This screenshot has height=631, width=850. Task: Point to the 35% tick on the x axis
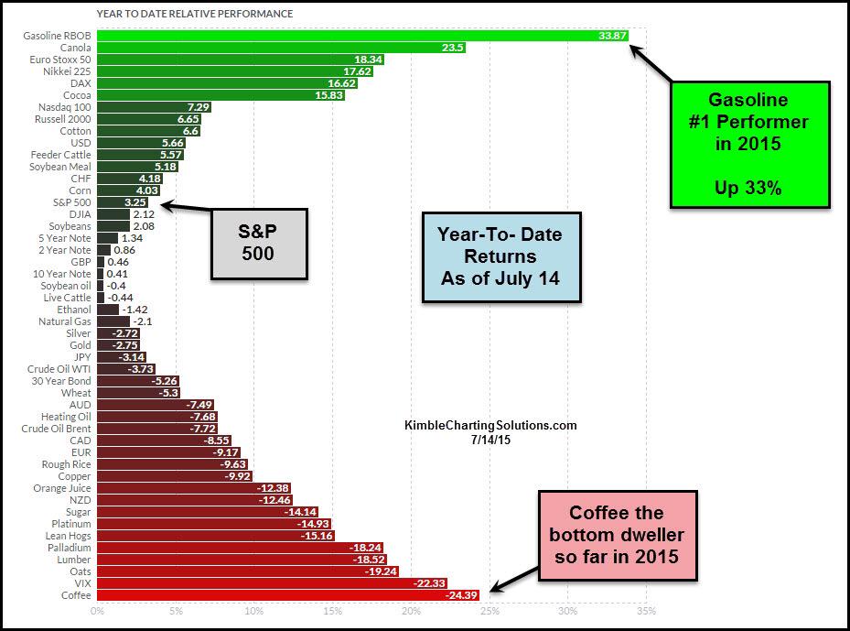(646, 612)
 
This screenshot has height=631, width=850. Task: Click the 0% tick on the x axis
(96, 612)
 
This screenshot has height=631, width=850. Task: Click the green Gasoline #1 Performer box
(749, 144)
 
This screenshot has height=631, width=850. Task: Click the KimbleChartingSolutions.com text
(490, 426)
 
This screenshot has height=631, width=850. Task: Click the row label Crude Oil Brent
(57, 428)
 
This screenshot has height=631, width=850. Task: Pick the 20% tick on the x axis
(411, 612)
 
